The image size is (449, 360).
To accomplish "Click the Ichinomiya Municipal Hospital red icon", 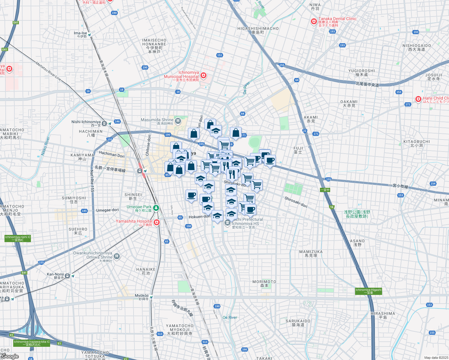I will [x=203, y=75].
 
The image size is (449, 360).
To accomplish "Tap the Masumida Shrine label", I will [x=157, y=120].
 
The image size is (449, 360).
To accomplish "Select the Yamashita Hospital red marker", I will [x=156, y=222].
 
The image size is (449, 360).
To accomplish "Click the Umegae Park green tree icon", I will [x=156, y=208].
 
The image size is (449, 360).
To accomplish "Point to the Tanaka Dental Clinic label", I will [x=337, y=19].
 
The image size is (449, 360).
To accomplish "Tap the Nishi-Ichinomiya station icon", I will [x=104, y=123].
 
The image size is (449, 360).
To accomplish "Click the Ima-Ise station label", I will [x=80, y=33].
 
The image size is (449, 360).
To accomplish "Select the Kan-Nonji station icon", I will [x=68, y=276].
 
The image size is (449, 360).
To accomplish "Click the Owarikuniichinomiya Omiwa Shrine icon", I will [x=117, y=256].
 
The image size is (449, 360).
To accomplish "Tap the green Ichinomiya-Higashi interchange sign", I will [x=368, y=291].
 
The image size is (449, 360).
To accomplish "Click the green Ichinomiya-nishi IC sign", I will [x=18, y=238].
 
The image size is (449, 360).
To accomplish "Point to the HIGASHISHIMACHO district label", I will [x=258, y=28].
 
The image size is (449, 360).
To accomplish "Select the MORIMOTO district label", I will [x=264, y=282].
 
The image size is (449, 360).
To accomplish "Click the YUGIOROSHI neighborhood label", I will [x=361, y=71].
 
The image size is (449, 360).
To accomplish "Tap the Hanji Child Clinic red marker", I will [x=418, y=99].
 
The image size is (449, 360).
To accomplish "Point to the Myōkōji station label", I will [x=141, y=295].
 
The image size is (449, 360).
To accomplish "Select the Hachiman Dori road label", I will [x=112, y=154].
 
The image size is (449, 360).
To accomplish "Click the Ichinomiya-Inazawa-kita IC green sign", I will [x=32, y=343].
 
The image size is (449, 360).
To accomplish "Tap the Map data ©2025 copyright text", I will [x=436, y=358].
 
